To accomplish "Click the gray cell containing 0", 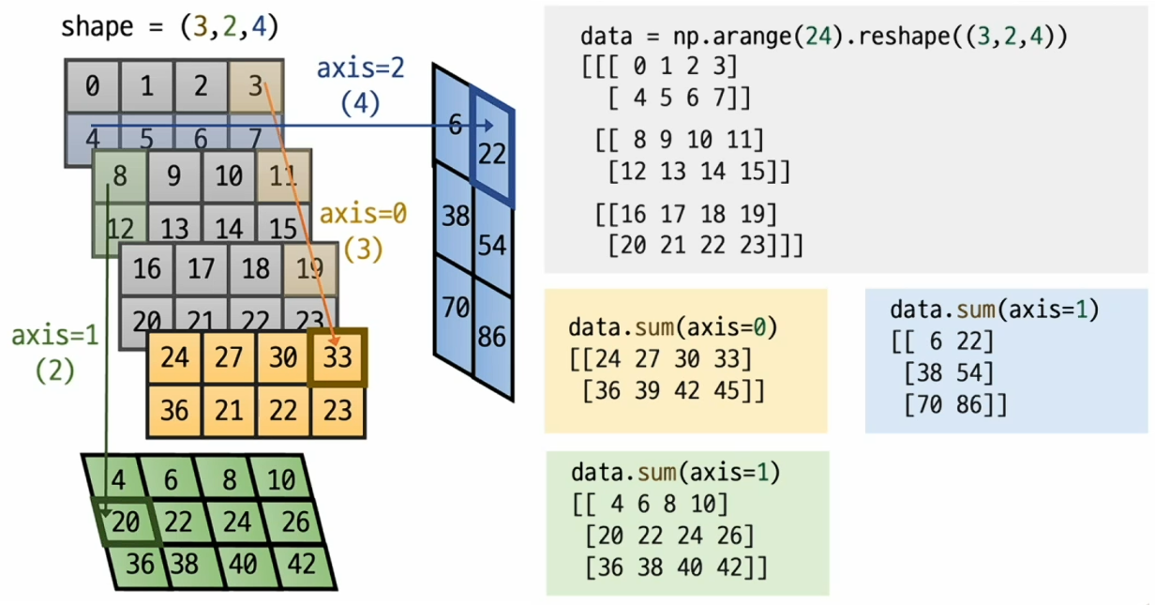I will click(92, 87).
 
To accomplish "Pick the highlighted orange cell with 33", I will click(337, 357).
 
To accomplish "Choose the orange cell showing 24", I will click(174, 357).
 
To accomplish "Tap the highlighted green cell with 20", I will click(126, 522).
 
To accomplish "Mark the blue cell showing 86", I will click(492, 336).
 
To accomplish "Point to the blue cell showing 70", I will click(455, 306).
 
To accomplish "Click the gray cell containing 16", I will click(147, 268).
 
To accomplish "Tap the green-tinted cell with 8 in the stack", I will click(119, 176).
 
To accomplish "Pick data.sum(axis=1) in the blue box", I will click(994, 310).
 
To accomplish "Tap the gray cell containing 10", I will click(228, 176).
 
